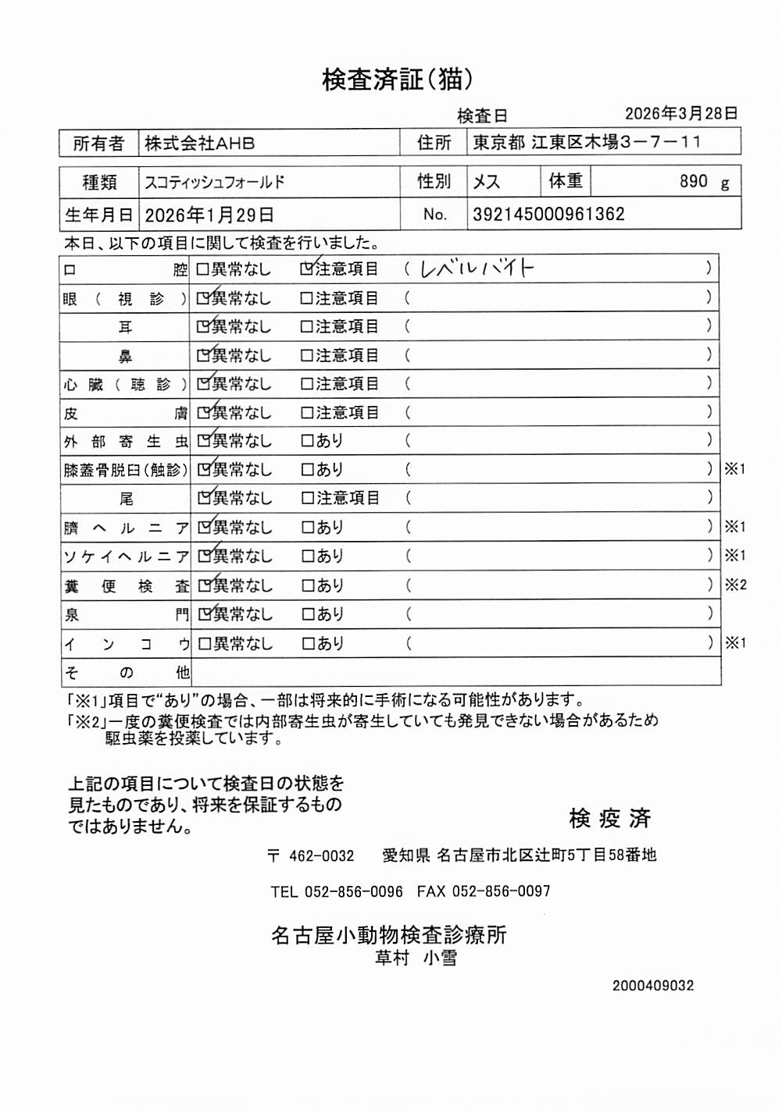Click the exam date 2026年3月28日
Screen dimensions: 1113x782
click(x=681, y=114)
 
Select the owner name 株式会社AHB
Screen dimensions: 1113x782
click(x=200, y=144)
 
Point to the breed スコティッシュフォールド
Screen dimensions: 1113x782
click(x=215, y=183)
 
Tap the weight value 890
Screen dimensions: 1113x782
click(x=693, y=182)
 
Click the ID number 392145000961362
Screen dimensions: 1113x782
click(x=548, y=215)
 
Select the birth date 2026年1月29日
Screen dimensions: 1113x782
click(x=209, y=215)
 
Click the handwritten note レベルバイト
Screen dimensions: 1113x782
click(x=477, y=268)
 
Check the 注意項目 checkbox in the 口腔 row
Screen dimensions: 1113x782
click(x=307, y=269)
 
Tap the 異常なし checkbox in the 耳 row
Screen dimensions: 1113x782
click(x=204, y=327)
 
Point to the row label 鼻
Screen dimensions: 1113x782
click(x=125, y=357)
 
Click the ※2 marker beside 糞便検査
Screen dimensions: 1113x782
click(x=735, y=585)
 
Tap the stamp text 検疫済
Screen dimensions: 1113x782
click(x=610, y=819)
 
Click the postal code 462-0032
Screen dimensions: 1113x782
click(x=321, y=856)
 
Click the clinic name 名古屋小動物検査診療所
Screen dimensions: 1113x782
click(x=388, y=935)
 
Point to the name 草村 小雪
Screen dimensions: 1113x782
click(x=416, y=958)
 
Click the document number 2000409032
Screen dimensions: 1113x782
click(x=652, y=986)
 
